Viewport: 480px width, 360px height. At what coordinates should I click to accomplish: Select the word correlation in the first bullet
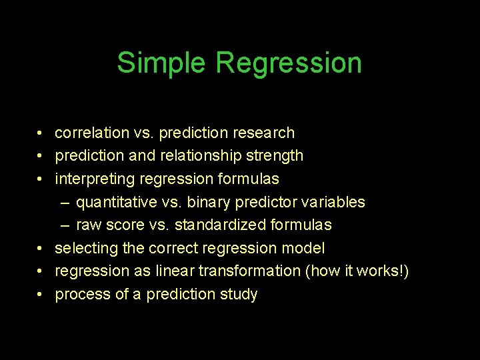92,133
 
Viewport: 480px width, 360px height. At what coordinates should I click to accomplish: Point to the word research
264,133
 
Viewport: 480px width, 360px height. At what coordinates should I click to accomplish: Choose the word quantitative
114,201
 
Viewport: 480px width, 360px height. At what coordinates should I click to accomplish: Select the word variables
334,201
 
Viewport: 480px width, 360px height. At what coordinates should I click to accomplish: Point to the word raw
88,225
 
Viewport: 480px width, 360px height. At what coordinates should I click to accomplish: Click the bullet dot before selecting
41,248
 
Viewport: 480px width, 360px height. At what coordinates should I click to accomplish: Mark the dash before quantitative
67,201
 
